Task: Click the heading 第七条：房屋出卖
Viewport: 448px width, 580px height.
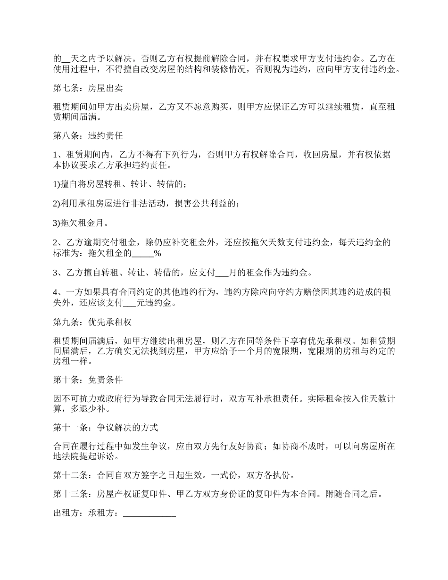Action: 88,88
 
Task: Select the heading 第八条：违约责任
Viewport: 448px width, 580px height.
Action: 88,136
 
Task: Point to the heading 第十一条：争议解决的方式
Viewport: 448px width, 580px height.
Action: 106,428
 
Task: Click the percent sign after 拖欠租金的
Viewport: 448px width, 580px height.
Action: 158,254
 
